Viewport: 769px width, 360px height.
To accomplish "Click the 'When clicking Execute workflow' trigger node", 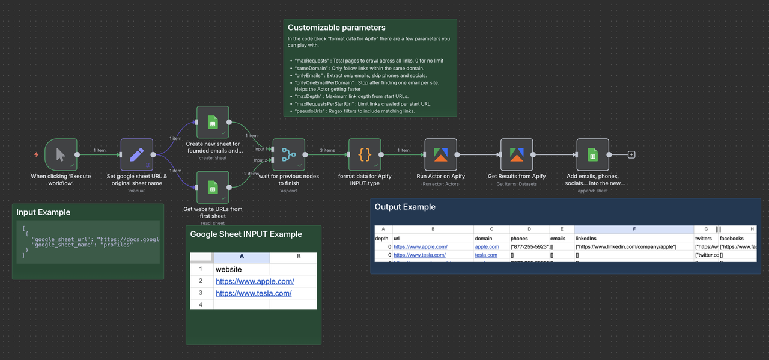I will pos(61,154).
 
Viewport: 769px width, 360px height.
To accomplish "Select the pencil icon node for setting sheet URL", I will pos(136,154).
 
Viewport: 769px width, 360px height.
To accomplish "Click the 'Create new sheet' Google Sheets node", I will pos(213,123).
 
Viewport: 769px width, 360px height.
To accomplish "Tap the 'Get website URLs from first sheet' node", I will pos(213,188).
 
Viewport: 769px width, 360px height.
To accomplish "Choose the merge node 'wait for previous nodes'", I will pos(289,154).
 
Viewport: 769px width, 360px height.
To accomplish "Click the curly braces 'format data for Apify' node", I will pos(365,154).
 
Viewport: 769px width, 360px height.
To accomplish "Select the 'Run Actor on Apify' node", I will pos(441,154).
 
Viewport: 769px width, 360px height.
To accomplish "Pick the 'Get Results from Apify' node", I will pos(517,154).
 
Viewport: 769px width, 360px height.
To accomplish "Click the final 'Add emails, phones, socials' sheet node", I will pos(593,154).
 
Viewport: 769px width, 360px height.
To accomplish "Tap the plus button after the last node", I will pos(631,154).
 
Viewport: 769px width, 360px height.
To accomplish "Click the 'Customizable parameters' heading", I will pos(336,28).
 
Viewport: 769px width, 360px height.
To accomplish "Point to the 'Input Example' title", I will pos(43,212).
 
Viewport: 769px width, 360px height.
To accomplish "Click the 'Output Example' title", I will pos(405,207).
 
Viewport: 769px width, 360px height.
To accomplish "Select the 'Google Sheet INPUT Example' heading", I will pos(246,234).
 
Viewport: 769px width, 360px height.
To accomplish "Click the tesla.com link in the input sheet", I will pos(254,293).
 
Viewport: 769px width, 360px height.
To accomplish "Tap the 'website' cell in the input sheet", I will pos(229,269).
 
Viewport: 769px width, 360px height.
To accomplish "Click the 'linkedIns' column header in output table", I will pos(586,239).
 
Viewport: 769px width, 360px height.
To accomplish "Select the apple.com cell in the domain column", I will pos(487,246).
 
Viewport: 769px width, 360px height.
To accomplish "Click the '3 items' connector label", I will pos(327,150).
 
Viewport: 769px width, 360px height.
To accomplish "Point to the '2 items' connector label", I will pos(252,174).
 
